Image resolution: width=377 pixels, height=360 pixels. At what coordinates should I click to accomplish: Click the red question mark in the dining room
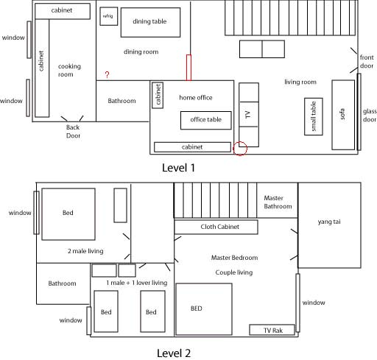click(x=107, y=74)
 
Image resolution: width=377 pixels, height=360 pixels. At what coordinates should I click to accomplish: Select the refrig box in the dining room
click(x=109, y=16)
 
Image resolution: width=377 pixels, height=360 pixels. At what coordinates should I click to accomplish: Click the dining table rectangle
click(x=150, y=22)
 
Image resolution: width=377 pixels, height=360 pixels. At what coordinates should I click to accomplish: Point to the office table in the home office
click(x=206, y=120)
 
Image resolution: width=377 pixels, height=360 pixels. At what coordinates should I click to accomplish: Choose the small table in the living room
click(x=314, y=116)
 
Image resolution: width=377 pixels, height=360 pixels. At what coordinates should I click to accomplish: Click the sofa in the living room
click(x=343, y=115)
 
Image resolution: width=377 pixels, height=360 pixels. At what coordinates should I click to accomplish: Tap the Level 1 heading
click(x=178, y=168)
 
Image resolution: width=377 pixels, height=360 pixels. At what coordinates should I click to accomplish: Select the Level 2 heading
click(x=174, y=353)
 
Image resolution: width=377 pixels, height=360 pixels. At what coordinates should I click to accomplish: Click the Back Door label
click(x=73, y=131)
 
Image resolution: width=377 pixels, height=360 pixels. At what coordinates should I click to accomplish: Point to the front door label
click(x=367, y=62)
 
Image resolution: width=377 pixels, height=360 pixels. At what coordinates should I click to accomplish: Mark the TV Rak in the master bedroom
click(x=272, y=330)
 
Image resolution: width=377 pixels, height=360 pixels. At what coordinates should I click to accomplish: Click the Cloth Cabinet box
click(x=216, y=227)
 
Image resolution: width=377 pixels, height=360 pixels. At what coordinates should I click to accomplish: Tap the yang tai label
click(x=329, y=222)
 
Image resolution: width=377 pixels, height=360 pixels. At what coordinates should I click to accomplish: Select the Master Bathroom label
click(x=278, y=202)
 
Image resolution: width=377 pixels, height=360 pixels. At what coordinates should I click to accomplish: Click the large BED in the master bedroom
click(x=204, y=309)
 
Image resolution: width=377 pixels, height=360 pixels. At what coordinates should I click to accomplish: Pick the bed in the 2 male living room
click(x=68, y=214)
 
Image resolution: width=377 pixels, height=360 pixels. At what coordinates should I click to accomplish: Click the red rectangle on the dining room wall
click(x=188, y=68)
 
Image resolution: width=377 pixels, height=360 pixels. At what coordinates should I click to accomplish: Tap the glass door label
click(x=370, y=116)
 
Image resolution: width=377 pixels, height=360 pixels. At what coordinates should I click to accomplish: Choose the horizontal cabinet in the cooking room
click(x=63, y=11)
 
